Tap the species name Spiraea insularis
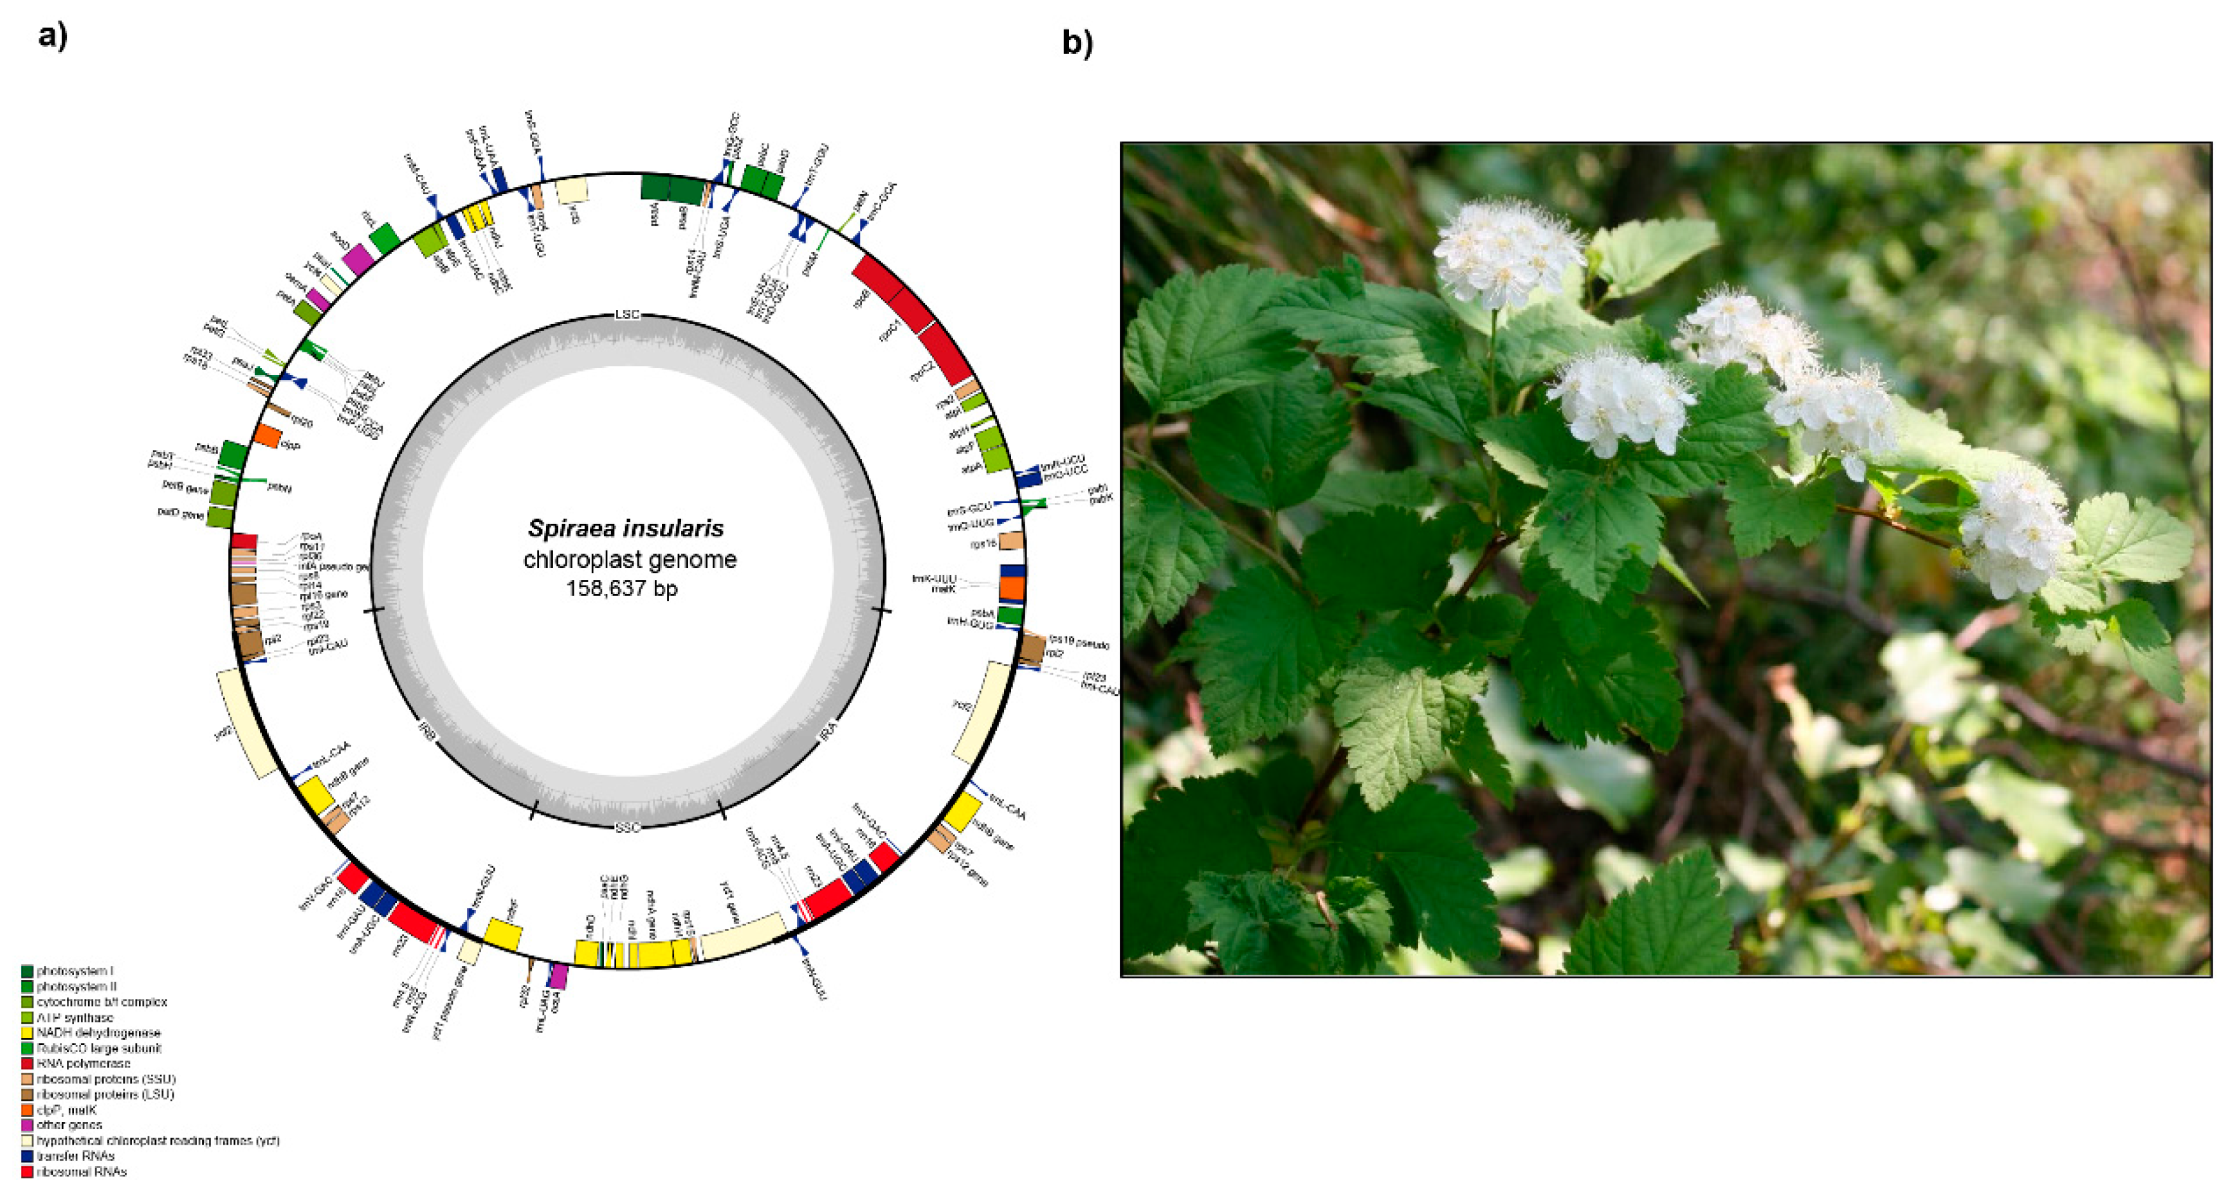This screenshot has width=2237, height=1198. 625,528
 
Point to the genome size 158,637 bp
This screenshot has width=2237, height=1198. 622,588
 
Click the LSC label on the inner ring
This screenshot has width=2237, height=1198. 627,314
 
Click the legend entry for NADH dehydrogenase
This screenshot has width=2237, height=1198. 98,1033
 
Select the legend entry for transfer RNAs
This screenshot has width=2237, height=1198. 75,1156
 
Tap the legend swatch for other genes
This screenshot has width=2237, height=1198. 27,1125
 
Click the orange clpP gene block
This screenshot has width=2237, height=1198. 268,437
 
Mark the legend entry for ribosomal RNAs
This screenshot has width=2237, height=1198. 81,1172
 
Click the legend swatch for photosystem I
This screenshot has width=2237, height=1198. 27,970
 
